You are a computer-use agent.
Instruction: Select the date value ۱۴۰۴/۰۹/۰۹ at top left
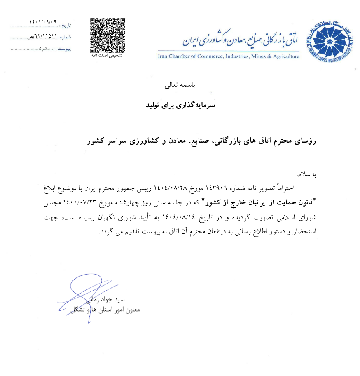click(43, 21)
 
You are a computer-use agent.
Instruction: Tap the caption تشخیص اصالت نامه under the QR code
click(107, 55)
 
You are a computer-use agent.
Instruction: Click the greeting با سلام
click(306, 175)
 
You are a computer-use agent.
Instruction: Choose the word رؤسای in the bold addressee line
click(306, 142)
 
